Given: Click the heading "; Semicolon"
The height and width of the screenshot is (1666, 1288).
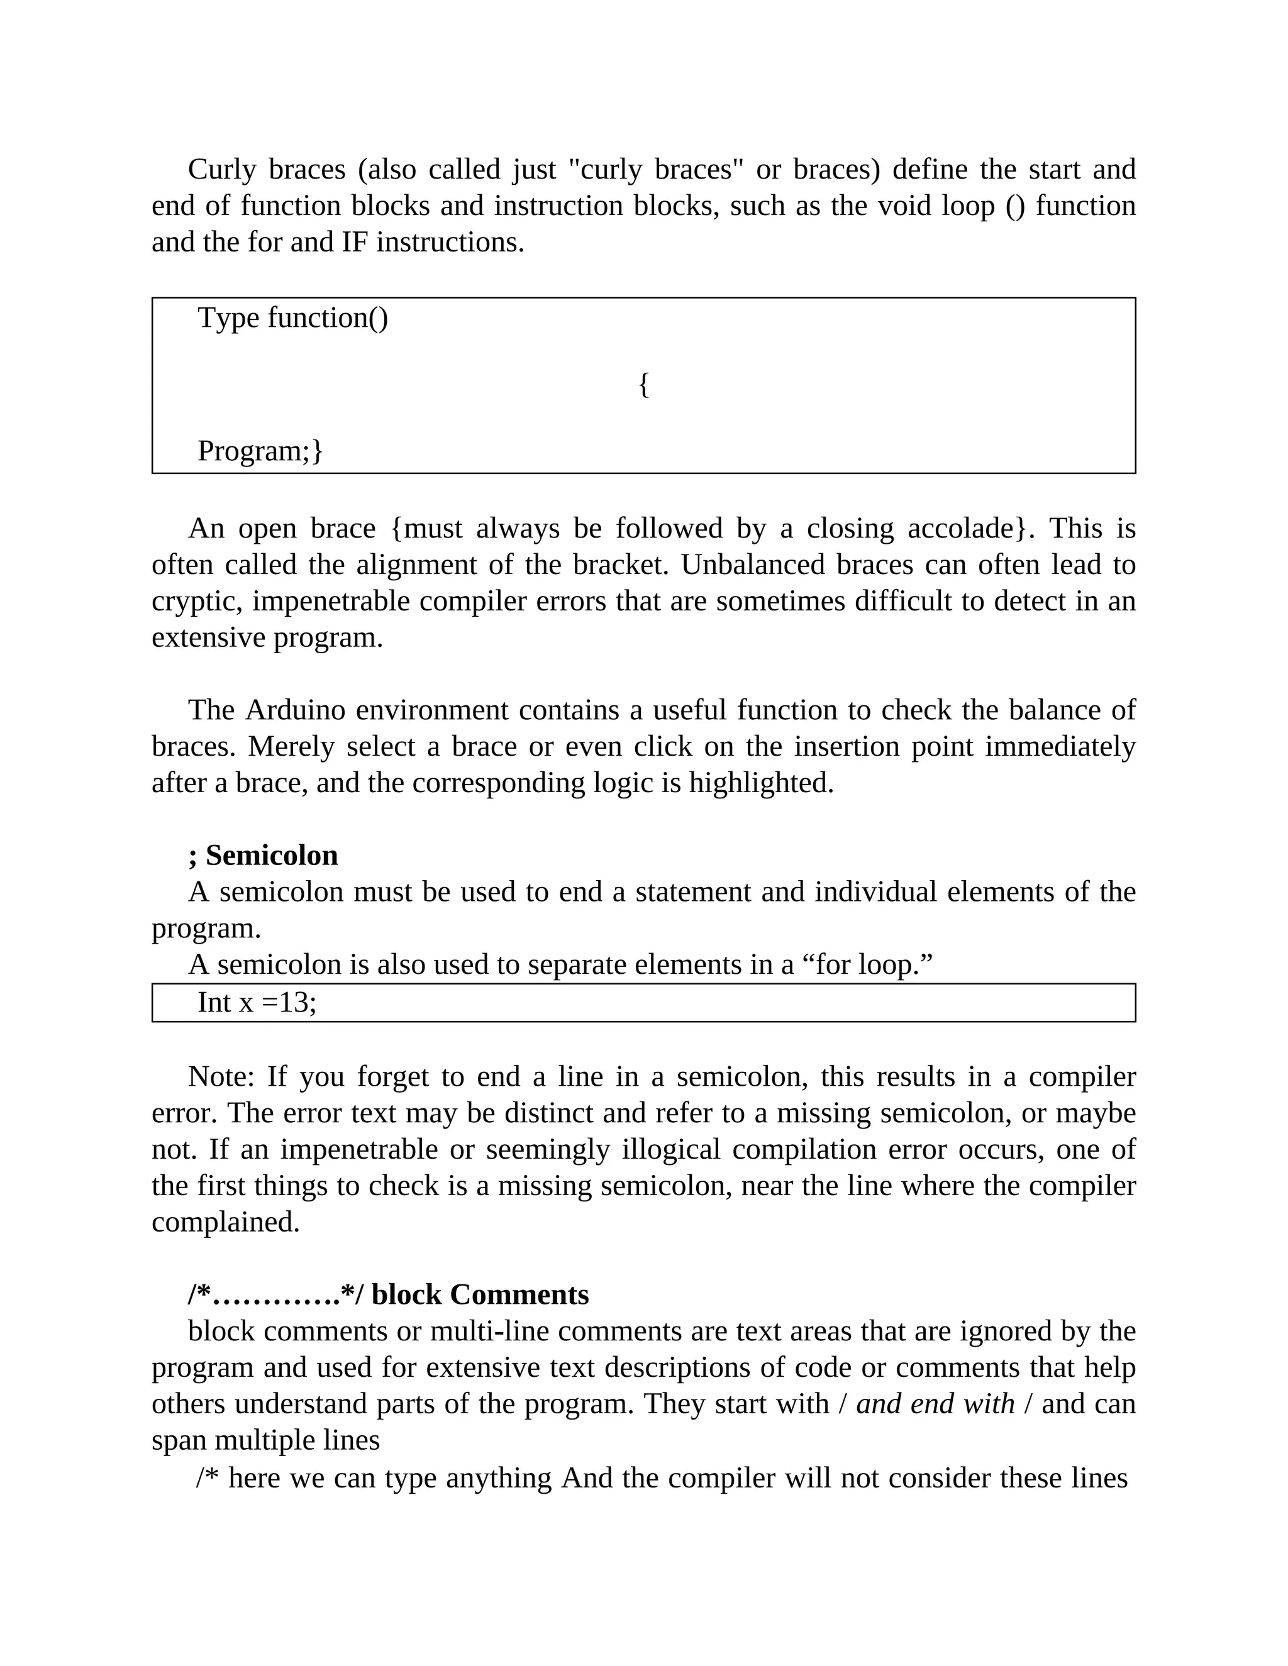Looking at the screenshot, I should coord(264,856).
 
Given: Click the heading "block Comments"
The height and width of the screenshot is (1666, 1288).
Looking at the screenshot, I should coord(480,1295).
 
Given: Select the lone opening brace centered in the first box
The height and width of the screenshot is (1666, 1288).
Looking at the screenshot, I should coord(643,385).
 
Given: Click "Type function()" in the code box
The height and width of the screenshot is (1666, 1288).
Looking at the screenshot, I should coord(293,318).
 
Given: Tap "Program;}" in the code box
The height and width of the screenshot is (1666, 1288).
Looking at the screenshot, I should coord(260,451).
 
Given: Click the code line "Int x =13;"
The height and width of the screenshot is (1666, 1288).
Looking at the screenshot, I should coord(257,1002).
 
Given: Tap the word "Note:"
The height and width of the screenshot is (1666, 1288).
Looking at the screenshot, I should coord(221,1077).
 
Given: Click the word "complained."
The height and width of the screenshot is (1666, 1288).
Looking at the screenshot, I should coord(226,1222).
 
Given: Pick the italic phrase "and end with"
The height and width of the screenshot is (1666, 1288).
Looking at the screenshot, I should coord(935,1404).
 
